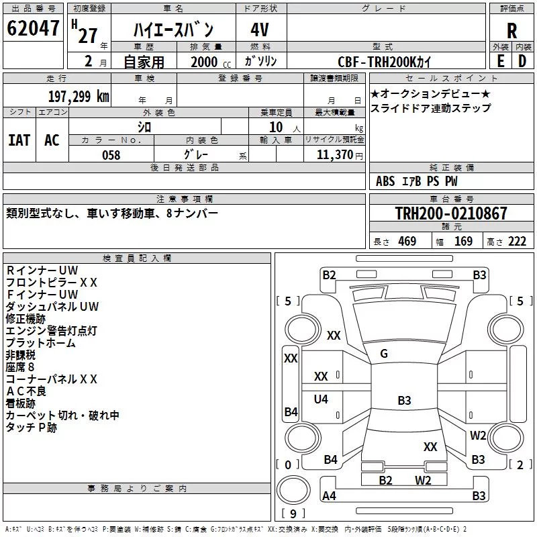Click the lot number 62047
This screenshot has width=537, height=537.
pyautogui.click(x=33, y=28)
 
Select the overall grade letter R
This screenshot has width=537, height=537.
pyautogui.click(x=511, y=31)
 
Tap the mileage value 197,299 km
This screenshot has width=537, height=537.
pyautogui.click(x=79, y=97)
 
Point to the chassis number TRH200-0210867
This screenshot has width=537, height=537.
pyautogui.click(x=451, y=213)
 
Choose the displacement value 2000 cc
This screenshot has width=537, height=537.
pyautogui.click(x=211, y=62)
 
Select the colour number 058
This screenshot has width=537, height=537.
pyautogui.click(x=111, y=155)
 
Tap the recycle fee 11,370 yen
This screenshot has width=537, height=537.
pyautogui.click(x=340, y=155)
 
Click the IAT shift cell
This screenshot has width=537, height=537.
pyautogui.click(x=19, y=140)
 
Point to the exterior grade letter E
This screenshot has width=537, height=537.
pyautogui.click(x=500, y=61)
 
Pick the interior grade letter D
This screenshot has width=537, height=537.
pyautogui.click(x=522, y=61)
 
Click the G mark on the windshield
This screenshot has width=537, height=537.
pyautogui.click(x=384, y=354)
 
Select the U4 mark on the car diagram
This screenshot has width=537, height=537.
pyautogui.click(x=321, y=399)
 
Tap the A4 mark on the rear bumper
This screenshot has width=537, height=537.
pyautogui.click(x=329, y=495)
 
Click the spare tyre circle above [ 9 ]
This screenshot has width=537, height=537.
pyautogui.click(x=293, y=490)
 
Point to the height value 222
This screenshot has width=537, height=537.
pyautogui.click(x=517, y=242)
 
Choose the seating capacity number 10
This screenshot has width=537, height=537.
pyautogui.click(x=276, y=128)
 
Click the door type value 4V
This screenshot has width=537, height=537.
pyautogui.click(x=260, y=30)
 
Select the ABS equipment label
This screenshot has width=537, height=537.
pyautogui.click(x=385, y=181)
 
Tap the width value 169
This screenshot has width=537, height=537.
pyautogui.click(x=463, y=242)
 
